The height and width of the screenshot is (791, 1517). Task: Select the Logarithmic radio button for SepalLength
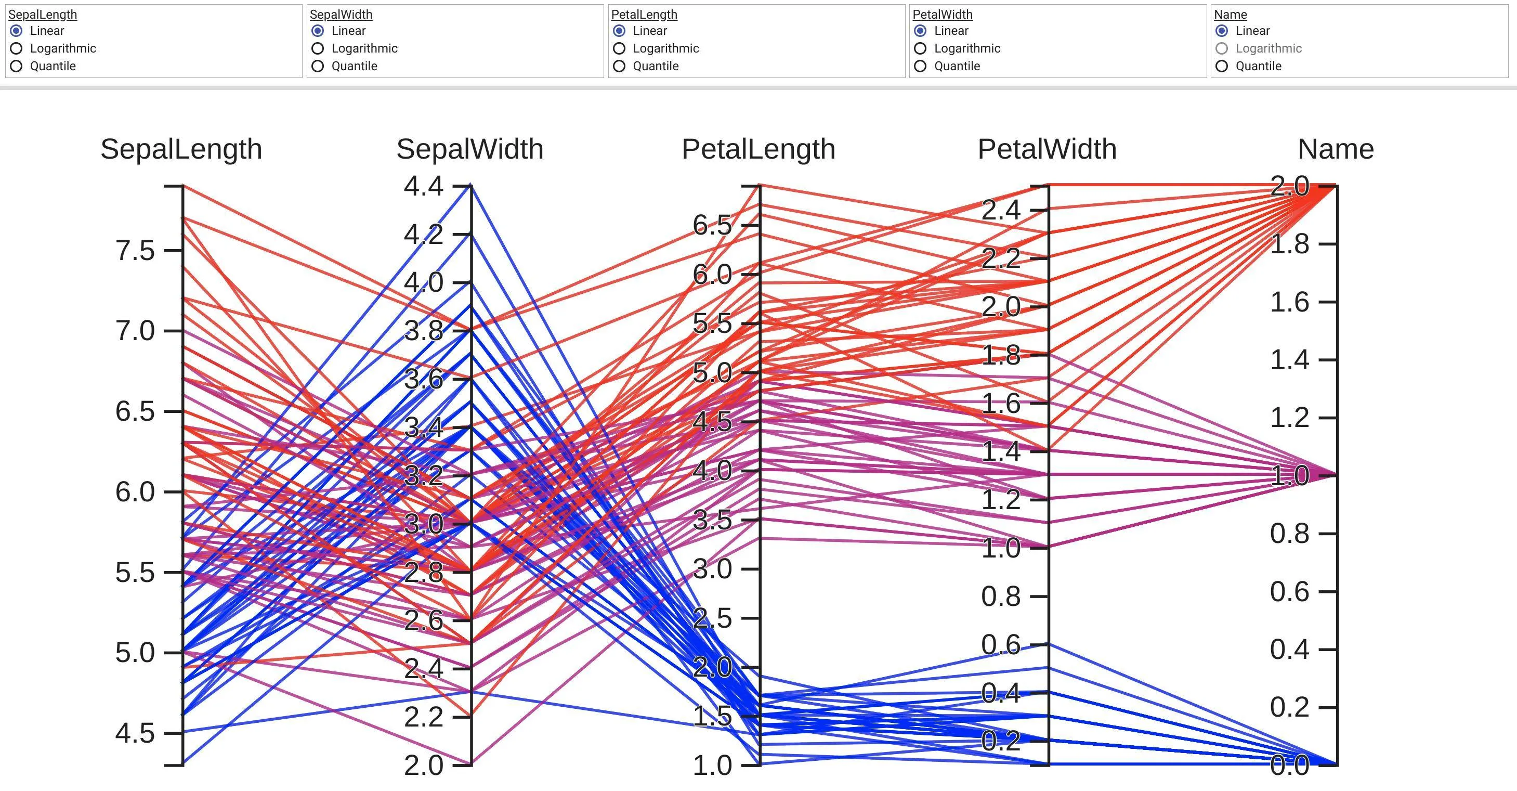tap(17, 48)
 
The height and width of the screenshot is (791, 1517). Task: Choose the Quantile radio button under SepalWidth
tap(318, 66)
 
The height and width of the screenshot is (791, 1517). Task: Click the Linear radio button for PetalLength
tap(620, 31)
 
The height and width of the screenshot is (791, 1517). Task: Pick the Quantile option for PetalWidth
tap(921, 66)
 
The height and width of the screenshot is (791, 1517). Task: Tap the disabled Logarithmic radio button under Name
tap(1222, 48)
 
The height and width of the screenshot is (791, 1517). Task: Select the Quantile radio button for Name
tap(1222, 66)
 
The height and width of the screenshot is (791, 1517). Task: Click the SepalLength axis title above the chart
tap(181, 149)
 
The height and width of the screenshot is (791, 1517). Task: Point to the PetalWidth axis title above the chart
tap(1047, 149)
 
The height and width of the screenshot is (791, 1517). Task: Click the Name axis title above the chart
tap(1336, 149)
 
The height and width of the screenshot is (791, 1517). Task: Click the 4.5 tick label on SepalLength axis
tap(135, 733)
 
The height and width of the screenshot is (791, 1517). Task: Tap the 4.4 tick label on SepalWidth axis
tap(423, 186)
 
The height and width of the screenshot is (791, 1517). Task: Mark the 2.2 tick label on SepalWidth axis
tap(423, 717)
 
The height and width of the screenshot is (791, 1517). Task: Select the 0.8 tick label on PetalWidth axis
tap(1001, 596)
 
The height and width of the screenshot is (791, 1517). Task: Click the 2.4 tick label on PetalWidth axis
tap(1001, 210)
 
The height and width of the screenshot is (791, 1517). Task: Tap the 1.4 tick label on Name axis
tap(1289, 360)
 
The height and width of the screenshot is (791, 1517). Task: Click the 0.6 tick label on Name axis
tap(1289, 591)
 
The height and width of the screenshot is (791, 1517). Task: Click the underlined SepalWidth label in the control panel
tap(341, 14)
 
